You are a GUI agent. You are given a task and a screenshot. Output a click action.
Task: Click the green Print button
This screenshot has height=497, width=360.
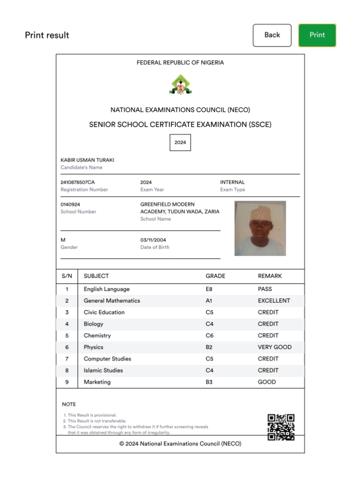coord(317,35)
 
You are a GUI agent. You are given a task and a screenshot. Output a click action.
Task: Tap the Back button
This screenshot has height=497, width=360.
coord(272,35)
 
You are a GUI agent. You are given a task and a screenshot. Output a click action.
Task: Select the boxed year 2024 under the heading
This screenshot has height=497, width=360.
coord(180,142)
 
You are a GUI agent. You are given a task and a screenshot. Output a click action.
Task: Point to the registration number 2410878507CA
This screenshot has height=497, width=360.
coord(77,182)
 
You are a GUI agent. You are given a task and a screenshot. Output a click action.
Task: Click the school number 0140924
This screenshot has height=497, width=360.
coord(70,205)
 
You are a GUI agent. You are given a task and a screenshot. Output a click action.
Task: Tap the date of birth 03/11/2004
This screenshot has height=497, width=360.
coord(153,240)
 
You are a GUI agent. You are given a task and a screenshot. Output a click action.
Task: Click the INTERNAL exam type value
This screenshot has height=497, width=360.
coord(233,182)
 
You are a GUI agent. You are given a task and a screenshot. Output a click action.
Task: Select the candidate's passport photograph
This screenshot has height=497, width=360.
coord(260,228)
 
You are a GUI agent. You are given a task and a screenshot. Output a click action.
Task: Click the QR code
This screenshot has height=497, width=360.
coord(281,427)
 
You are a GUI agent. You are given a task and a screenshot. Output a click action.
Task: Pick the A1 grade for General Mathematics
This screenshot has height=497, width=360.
coord(209,301)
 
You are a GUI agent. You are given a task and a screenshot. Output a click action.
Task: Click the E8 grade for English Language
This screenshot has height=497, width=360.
coord(209,289)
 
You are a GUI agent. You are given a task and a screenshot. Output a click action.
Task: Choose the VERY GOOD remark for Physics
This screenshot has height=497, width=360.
coord(274,347)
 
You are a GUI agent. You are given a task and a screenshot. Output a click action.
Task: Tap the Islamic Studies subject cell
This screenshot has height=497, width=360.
coord(103,370)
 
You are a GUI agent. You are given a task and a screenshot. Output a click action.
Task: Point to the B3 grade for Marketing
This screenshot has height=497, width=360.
coord(209,382)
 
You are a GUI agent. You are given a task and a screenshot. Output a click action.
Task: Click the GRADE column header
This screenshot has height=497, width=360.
coord(216,276)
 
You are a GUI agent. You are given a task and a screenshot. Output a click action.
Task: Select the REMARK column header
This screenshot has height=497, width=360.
coord(270,276)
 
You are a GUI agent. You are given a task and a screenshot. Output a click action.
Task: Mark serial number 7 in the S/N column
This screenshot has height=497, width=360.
coord(67,359)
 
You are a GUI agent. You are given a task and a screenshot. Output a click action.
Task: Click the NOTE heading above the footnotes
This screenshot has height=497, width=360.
coord(69,404)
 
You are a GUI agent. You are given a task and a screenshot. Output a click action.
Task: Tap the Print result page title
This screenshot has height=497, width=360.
coord(47,35)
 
